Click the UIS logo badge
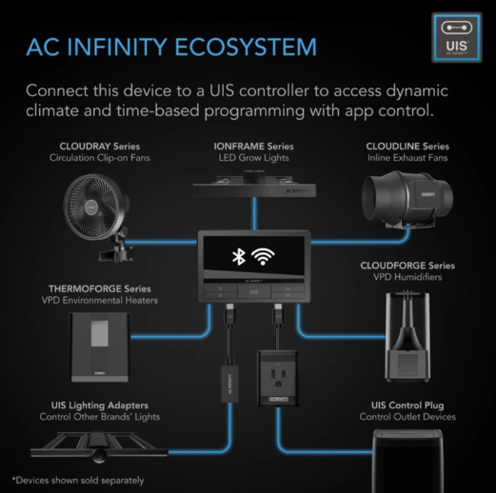click(x=457, y=37)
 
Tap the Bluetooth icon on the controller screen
click(x=239, y=257)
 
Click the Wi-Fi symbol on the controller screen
click(x=263, y=257)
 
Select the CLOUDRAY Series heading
click(x=100, y=147)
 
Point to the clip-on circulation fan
click(x=97, y=216)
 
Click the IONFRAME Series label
click(x=253, y=147)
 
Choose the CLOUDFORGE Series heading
click(x=407, y=266)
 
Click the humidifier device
click(x=407, y=336)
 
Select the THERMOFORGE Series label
click(x=100, y=288)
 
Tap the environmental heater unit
click(x=100, y=347)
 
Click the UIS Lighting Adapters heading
click(x=100, y=405)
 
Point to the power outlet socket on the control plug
click(x=278, y=374)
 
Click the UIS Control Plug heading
click(x=407, y=405)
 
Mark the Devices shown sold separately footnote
click(x=78, y=481)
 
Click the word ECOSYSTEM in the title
click(x=246, y=47)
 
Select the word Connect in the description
click(x=57, y=90)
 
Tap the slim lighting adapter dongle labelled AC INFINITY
click(x=229, y=384)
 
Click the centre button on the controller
click(x=254, y=292)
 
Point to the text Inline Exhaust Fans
click(x=407, y=158)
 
